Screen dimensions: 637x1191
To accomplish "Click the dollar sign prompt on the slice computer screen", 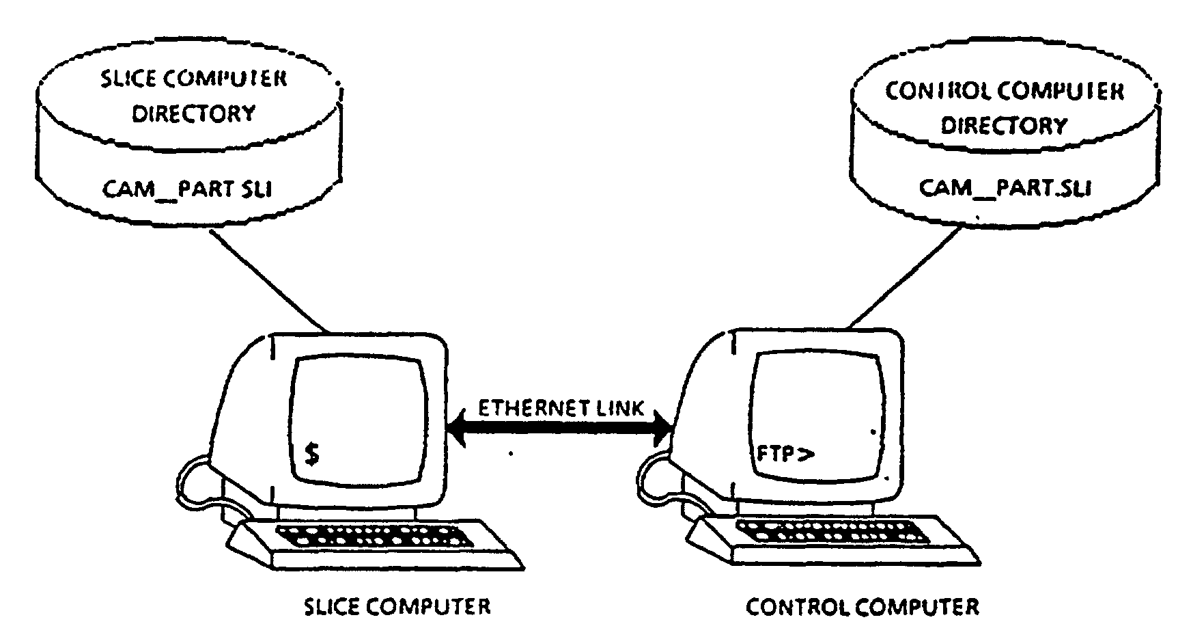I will [x=311, y=453].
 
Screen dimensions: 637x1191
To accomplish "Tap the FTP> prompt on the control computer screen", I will [x=785, y=453].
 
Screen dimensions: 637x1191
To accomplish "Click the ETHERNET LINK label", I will [x=560, y=409].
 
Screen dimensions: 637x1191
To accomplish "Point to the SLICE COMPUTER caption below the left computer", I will [x=397, y=606].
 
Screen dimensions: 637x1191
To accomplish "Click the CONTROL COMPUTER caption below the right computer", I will [x=862, y=606].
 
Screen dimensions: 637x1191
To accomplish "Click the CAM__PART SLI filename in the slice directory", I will [x=187, y=189].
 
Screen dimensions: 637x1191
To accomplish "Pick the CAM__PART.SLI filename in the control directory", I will [x=1005, y=188].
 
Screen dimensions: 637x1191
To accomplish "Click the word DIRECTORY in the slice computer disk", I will [x=193, y=113].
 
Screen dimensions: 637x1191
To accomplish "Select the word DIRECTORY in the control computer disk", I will [x=1004, y=126].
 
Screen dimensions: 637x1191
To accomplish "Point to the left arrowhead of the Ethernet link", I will [x=456, y=431].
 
